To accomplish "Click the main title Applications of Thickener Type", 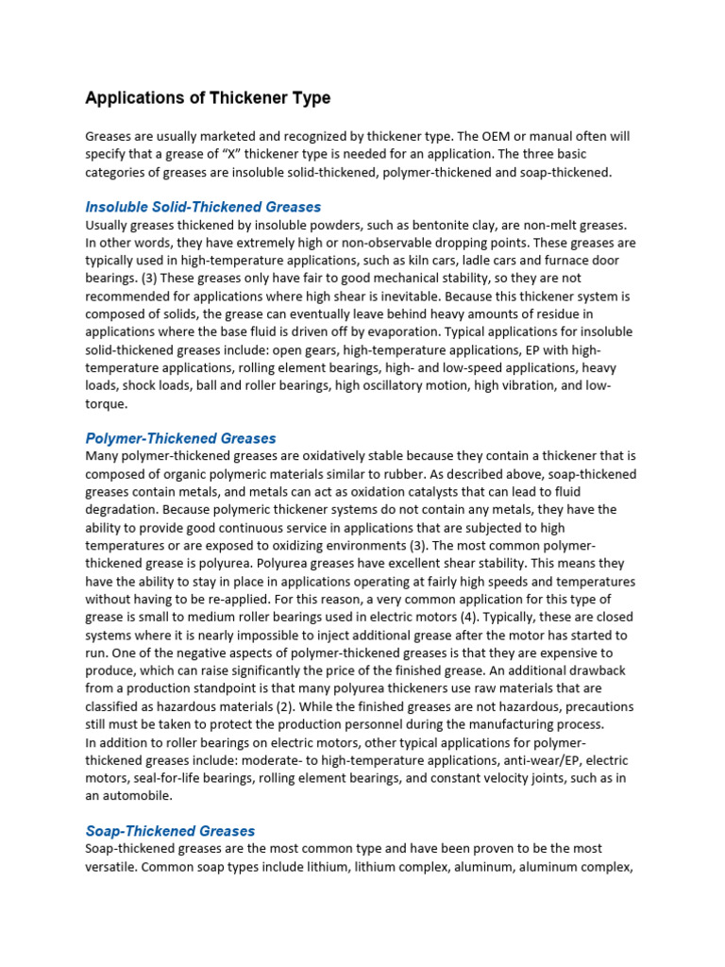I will [208, 98].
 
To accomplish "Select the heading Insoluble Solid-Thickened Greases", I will [203, 207].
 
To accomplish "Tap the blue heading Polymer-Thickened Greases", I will [180, 438].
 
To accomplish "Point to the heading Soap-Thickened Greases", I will [170, 831].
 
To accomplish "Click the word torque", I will [105, 403].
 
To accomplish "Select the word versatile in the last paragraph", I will [110, 866].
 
